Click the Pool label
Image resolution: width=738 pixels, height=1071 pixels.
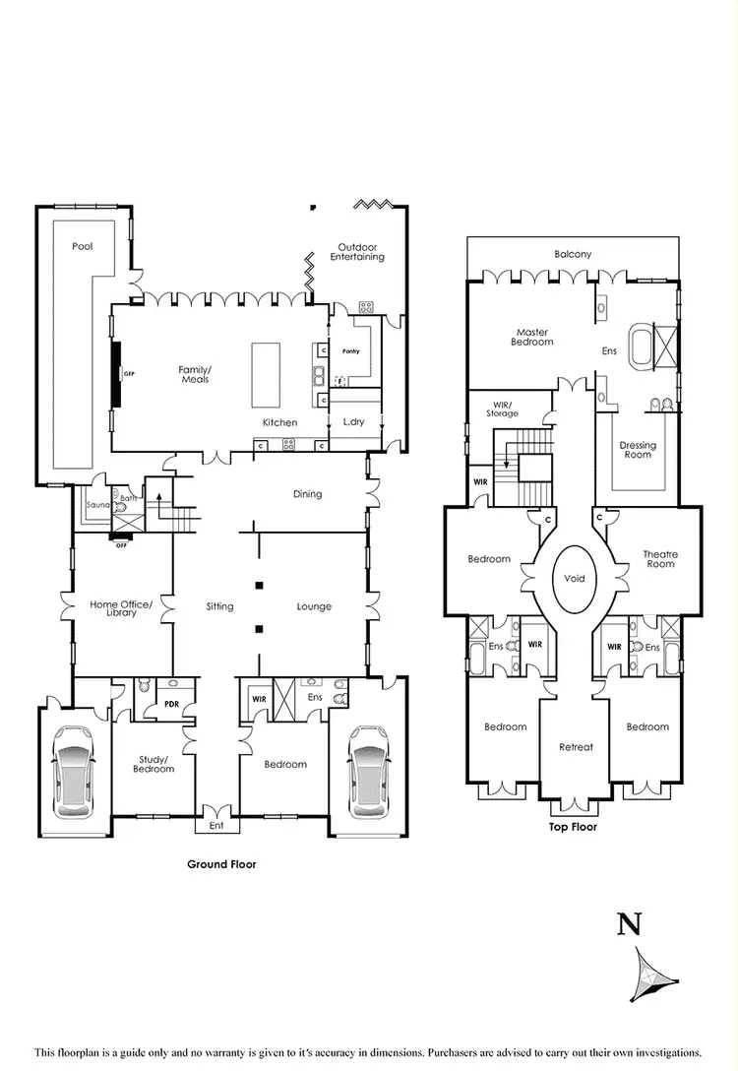83,246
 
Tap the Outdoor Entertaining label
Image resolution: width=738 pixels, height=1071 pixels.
357,252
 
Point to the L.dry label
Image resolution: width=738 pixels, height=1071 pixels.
353,422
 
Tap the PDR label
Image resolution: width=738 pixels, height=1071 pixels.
171,704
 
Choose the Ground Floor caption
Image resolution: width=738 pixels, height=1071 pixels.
221,864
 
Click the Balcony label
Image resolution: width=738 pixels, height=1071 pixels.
573,254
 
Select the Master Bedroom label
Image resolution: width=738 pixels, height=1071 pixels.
531,337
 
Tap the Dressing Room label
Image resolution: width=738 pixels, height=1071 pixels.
638,450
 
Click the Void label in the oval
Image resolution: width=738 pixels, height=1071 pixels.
575,578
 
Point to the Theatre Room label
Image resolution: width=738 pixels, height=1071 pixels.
660,559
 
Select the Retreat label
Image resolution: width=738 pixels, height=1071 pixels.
576,747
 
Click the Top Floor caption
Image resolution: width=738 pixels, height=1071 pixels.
573,827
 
